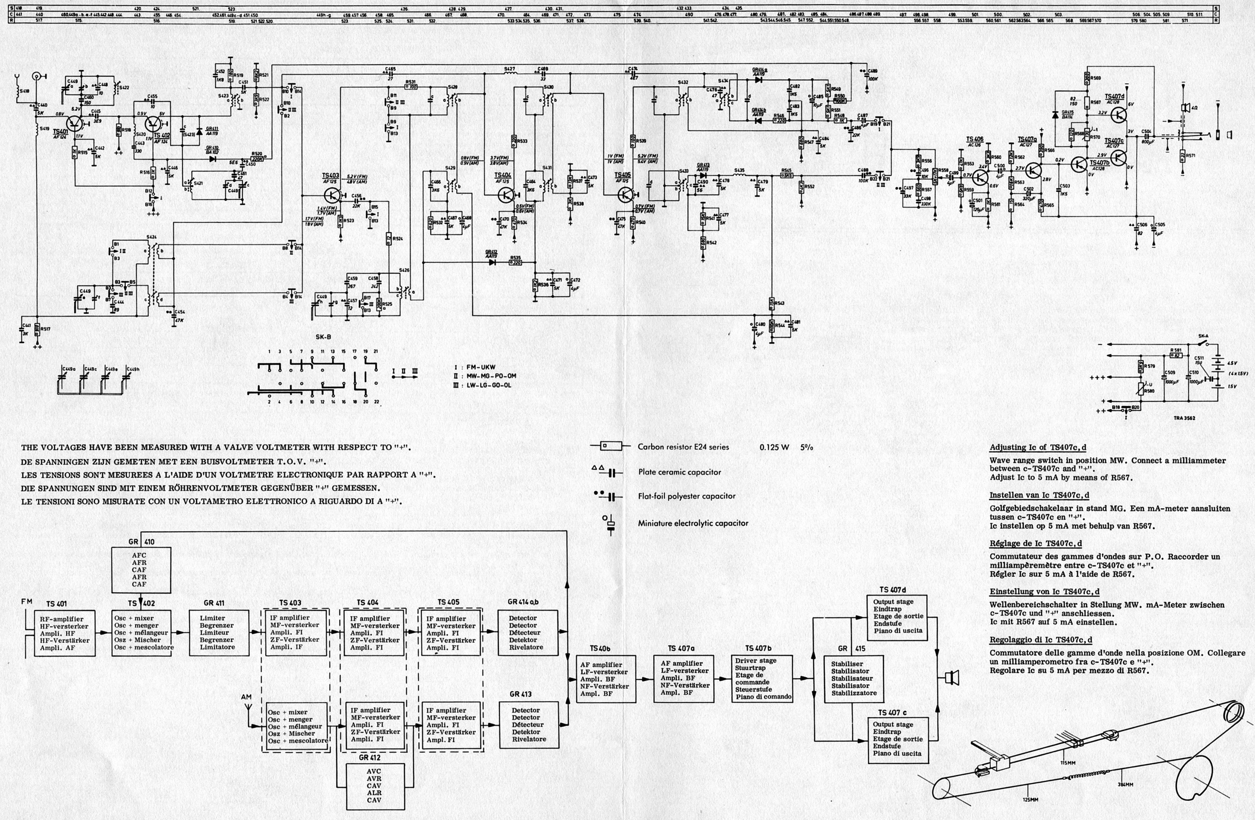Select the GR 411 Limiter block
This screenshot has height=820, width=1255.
[218, 633]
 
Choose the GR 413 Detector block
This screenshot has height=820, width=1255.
[529, 725]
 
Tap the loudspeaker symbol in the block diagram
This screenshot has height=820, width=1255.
[952, 677]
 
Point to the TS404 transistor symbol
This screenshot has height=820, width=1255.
[507, 195]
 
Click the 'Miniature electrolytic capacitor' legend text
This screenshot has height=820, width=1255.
[693, 523]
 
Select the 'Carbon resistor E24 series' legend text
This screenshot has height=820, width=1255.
[683, 447]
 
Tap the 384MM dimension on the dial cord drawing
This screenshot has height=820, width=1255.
[1125, 784]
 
